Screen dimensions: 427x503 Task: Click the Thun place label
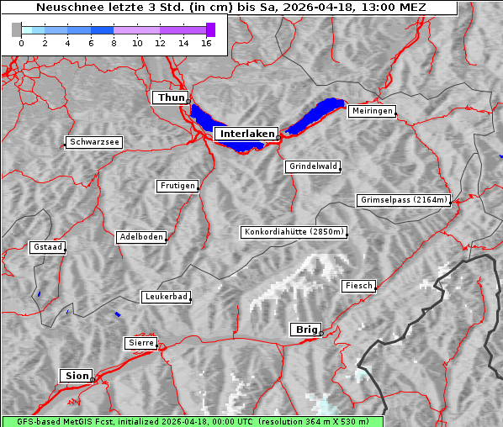click(x=171, y=98)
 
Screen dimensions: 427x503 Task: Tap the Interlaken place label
click(x=246, y=134)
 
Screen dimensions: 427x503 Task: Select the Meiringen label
click(x=371, y=111)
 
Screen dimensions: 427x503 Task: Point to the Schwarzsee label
click(x=94, y=143)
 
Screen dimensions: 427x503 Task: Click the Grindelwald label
click(x=314, y=166)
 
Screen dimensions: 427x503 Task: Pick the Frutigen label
click(x=177, y=186)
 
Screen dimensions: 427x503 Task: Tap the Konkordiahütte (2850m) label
click(x=294, y=232)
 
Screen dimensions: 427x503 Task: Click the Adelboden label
click(x=140, y=237)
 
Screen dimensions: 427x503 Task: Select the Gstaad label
click(x=47, y=248)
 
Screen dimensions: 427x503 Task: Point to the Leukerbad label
click(x=166, y=297)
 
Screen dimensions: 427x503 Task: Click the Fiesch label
click(x=357, y=286)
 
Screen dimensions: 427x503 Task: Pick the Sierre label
click(x=140, y=343)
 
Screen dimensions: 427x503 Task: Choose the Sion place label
click(x=75, y=376)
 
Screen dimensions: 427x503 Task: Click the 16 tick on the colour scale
click(x=206, y=43)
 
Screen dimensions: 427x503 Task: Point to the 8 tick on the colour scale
click(x=114, y=43)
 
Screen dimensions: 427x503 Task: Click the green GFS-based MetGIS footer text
click(x=192, y=421)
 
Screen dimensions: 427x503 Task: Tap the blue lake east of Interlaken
click(x=315, y=116)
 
